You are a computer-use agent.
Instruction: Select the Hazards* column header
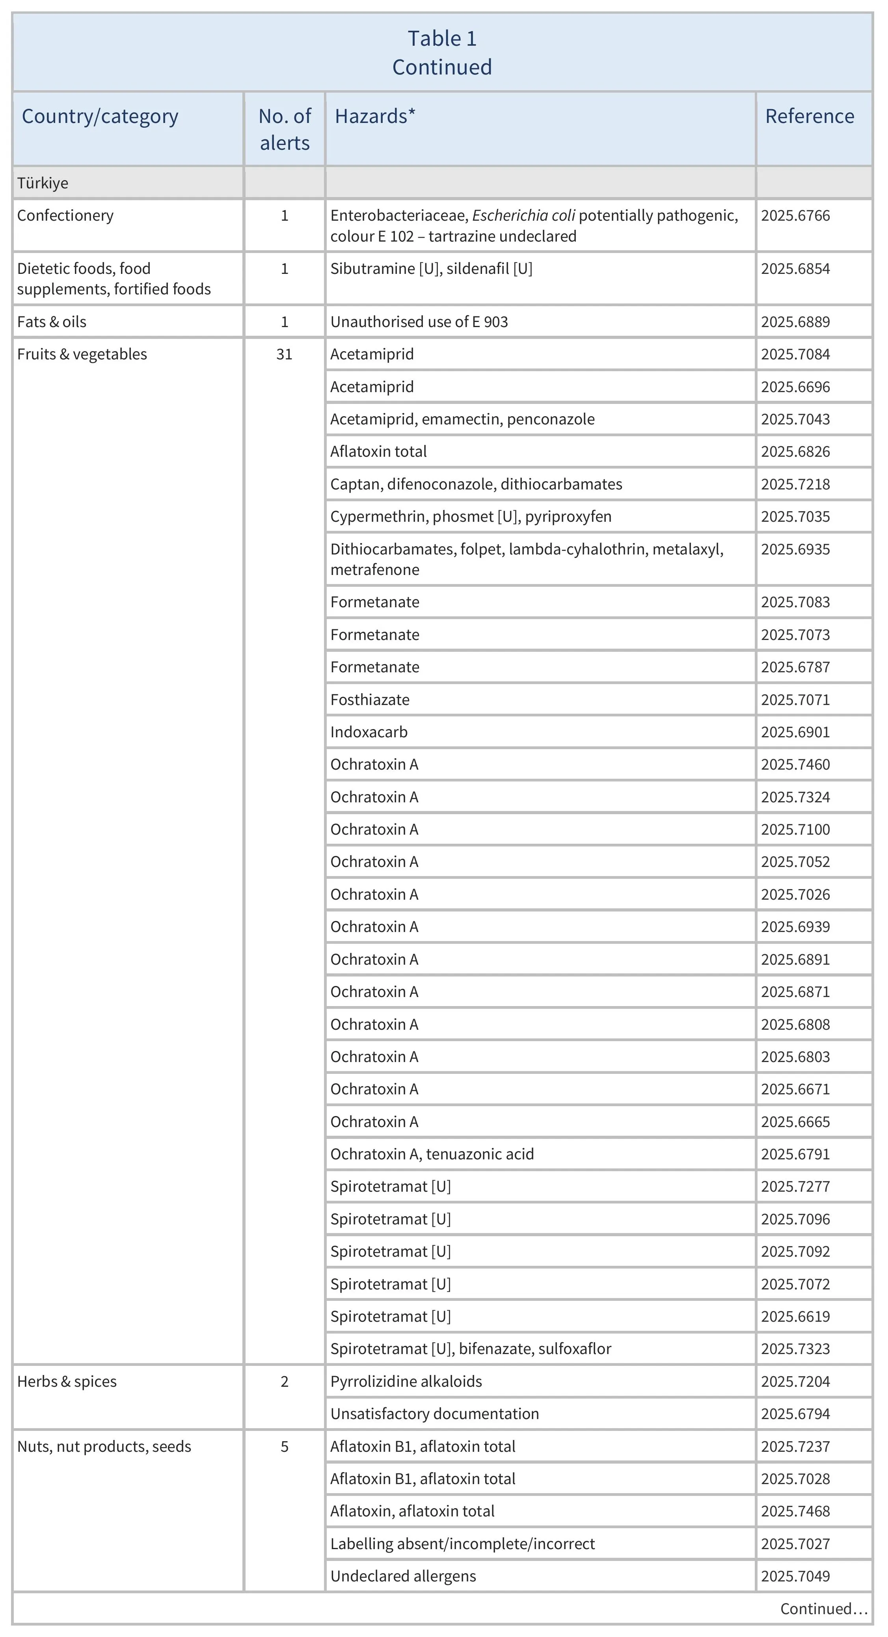click(375, 116)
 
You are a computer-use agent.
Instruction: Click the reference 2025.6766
click(795, 216)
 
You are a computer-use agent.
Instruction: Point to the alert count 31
click(284, 354)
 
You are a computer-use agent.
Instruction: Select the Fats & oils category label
click(52, 322)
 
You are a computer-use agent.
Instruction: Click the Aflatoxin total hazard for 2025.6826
click(378, 451)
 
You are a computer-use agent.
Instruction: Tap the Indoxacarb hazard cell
click(369, 732)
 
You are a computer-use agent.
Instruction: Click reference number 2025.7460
click(795, 765)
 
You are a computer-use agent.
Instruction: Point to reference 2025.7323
click(795, 1349)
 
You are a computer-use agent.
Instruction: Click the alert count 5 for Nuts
click(284, 1446)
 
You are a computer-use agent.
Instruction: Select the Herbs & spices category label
click(67, 1382)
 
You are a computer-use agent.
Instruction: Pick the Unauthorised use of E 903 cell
click(419, 322)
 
